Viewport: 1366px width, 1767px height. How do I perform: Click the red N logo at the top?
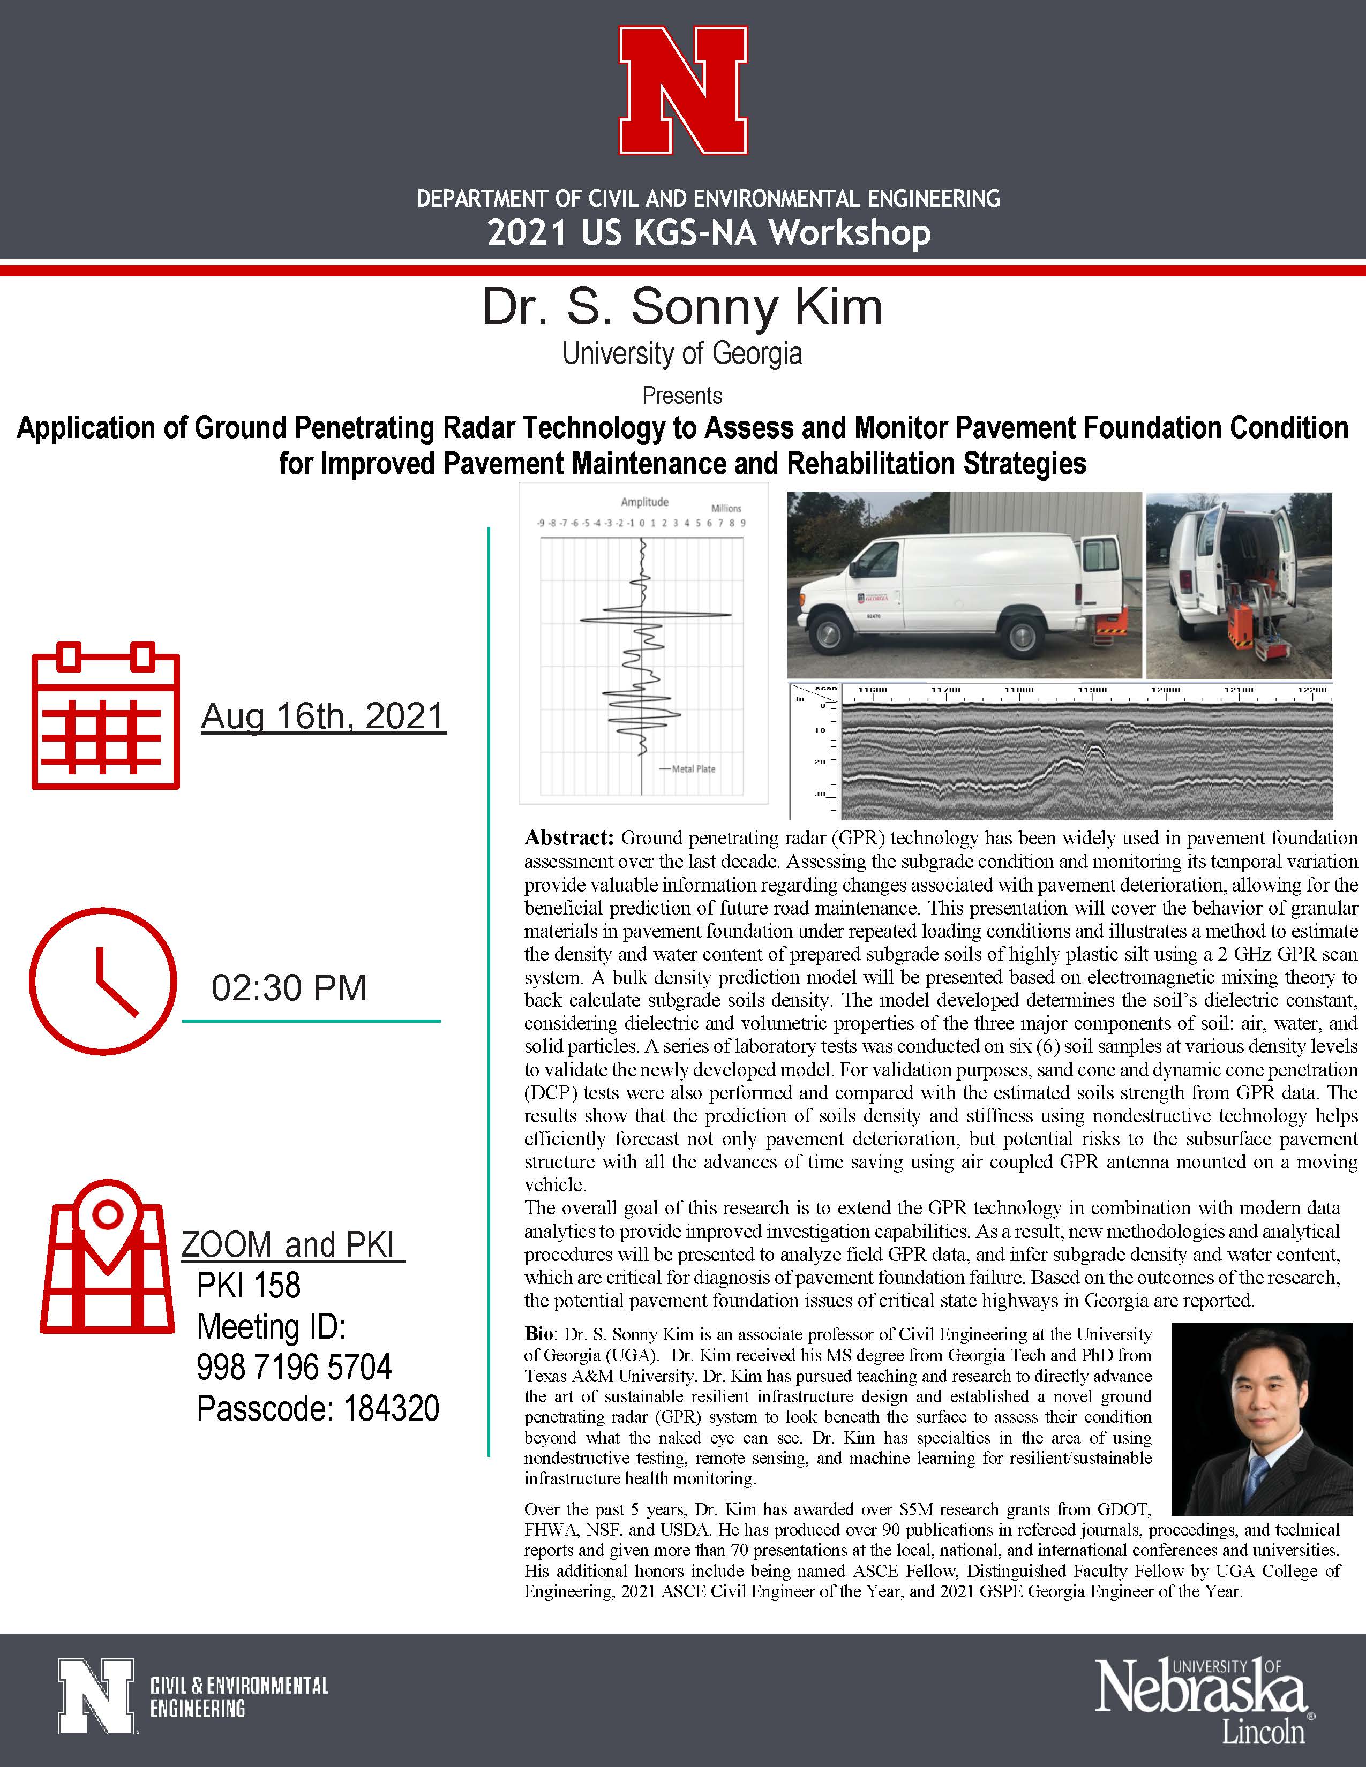point(683,90)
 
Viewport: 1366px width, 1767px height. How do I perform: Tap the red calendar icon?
point(105,715)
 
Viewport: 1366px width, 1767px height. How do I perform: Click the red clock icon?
point(103,981)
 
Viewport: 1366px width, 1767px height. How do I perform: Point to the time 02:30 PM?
point(289,988)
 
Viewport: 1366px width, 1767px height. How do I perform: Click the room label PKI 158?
point(249,1285)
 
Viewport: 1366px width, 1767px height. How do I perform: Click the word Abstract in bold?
point(570,837)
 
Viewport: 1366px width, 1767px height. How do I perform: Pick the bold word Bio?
point(540,1333)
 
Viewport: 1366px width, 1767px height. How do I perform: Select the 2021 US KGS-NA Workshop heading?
point(709,233)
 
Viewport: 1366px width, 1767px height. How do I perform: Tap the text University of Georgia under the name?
point(682,353)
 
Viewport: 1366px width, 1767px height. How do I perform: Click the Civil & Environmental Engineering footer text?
point(239,1697)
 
